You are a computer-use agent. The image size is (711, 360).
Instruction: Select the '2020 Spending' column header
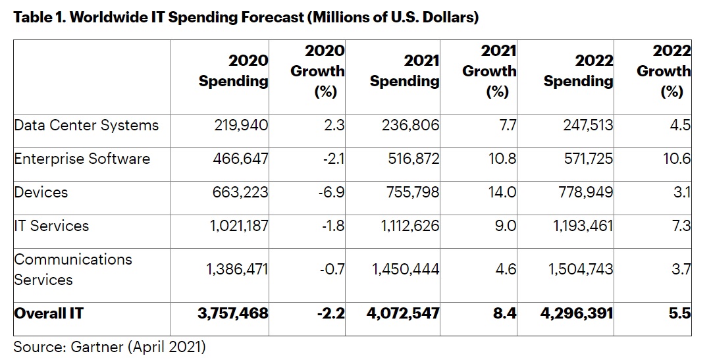click(x=234, y=70)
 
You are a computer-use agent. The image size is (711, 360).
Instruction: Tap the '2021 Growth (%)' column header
click(x=489, y=70)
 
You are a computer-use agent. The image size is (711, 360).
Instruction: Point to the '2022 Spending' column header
click(x=579, y=70)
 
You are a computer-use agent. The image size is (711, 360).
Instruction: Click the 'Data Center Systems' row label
click(x=86, y=124)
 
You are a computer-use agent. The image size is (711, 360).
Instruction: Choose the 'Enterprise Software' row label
click(x=82, y=159)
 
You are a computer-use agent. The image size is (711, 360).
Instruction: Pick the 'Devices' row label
click(x=41, y=192)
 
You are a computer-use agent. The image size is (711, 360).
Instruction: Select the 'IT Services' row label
click(x=51, y=226)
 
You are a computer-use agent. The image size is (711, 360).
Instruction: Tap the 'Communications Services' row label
click(x=72, y=269)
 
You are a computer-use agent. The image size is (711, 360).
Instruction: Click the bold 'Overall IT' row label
click(x=49, y=313)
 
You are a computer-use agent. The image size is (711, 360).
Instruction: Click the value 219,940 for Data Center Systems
click(x=241, y=124)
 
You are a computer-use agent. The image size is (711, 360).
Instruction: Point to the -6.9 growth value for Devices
click(x=332, y=192)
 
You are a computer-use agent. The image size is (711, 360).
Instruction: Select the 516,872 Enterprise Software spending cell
click(x=411, y=159)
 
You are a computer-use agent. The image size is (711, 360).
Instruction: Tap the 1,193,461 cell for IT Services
click(x=577, y=226)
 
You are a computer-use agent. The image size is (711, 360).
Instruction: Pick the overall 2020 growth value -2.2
click(x=331, y=313)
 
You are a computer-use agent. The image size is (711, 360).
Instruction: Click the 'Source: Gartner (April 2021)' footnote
click(x=110, y=345)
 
